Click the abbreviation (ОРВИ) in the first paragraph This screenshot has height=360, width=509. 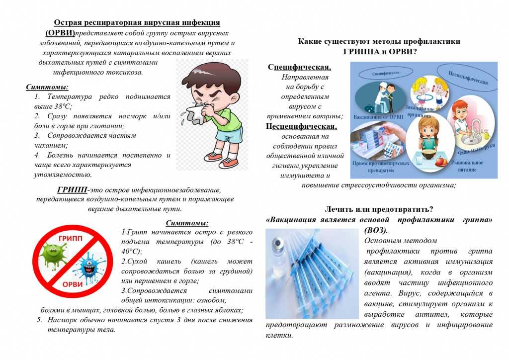pyautogui.click(x=60, y=33)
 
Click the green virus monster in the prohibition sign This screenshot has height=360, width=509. pyautogui.click(x=53, y=253)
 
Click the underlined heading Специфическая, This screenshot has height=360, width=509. pyautogui.click(x=300, y=67)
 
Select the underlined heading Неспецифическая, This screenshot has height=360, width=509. pyautogui.click(x=301, y=126)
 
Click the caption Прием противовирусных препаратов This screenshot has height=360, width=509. pyautogui.click(x=381, y=166)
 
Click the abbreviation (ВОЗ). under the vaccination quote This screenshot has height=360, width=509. pyautogui.click(x=376, y=230)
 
